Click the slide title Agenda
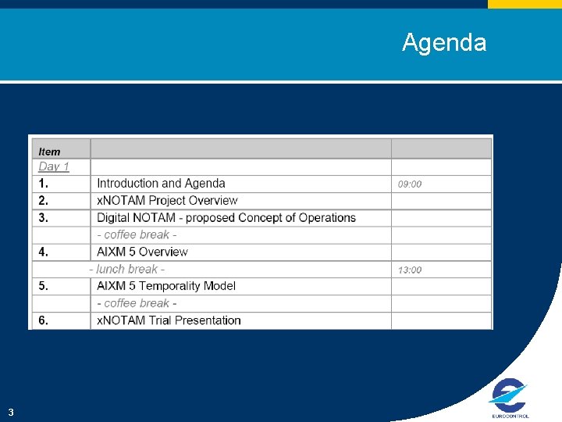[x=443, y=42]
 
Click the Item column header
[x=50, y=152]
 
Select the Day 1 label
[x=54, y=166]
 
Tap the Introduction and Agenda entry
[x=161, y=184]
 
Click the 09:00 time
[x=410, y=184]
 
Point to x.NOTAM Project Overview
[x=167, y=201]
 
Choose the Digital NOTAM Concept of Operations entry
[x=226, y=218]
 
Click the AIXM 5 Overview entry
[x=142, y=252]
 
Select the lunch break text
[x=126, y=269]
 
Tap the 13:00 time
[x=410, y=270]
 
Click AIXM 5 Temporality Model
[x=165, y=286]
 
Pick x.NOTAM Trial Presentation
[x=169, y=320]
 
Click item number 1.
[x=43, y=184]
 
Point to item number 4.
[x=44, y=252]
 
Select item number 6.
[x=44, y=320]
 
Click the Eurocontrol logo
[x=509, y=397]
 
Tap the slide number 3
[x=11, y=412]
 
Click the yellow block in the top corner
[x=525, y=4]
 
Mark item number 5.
[x=44, y=286]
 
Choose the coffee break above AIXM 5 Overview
[x=137, y=235]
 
